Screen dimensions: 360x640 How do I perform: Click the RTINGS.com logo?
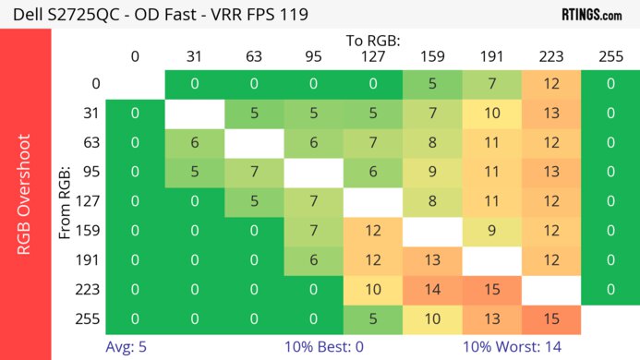coord(592,15)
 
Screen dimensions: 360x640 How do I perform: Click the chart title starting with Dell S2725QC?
coord(155,15)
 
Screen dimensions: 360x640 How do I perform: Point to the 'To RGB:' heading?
coord(373,42)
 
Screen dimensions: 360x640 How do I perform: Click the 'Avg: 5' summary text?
coord(126,348)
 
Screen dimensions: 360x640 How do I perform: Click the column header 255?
coord(610,56)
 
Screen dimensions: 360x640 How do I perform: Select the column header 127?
coord(373,56)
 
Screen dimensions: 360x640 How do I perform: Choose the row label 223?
coord(89,289)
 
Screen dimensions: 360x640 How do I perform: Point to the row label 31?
coord(89,114)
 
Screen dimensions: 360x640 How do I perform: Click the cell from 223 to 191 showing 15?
coord(491,289)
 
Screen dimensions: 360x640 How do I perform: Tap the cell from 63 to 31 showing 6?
coord(195,143)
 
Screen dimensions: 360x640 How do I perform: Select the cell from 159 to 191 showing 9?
coord(491,231)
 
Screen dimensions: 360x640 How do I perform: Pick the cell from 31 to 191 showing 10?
coord(491,114)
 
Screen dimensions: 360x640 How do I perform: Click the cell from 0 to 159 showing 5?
coord(432,84)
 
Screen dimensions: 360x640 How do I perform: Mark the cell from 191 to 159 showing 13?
coord(432,260)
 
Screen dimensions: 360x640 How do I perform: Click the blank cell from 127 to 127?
coord(373,201)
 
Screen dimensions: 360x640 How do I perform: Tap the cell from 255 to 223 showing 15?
coord(550,318)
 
